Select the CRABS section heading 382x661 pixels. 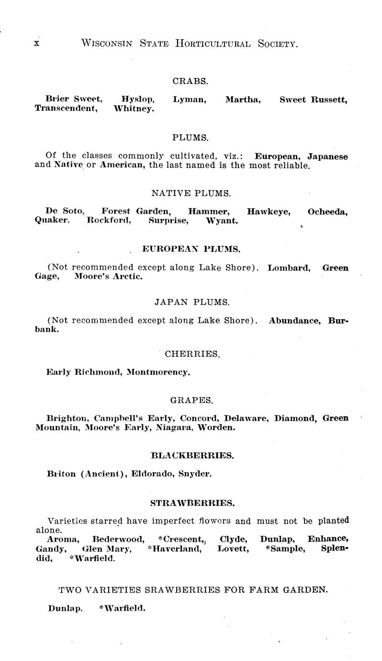click(x=190, y=81)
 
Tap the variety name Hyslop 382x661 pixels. click(x=138, y=100)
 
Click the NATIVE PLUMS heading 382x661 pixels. click(x=191, y=194)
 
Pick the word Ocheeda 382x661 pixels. click(x=327, y=212)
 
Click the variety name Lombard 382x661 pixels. click(x=289, y=268)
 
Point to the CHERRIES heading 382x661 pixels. click(x=192, y=354)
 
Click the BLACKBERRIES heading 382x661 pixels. click(x=192, y=456)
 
